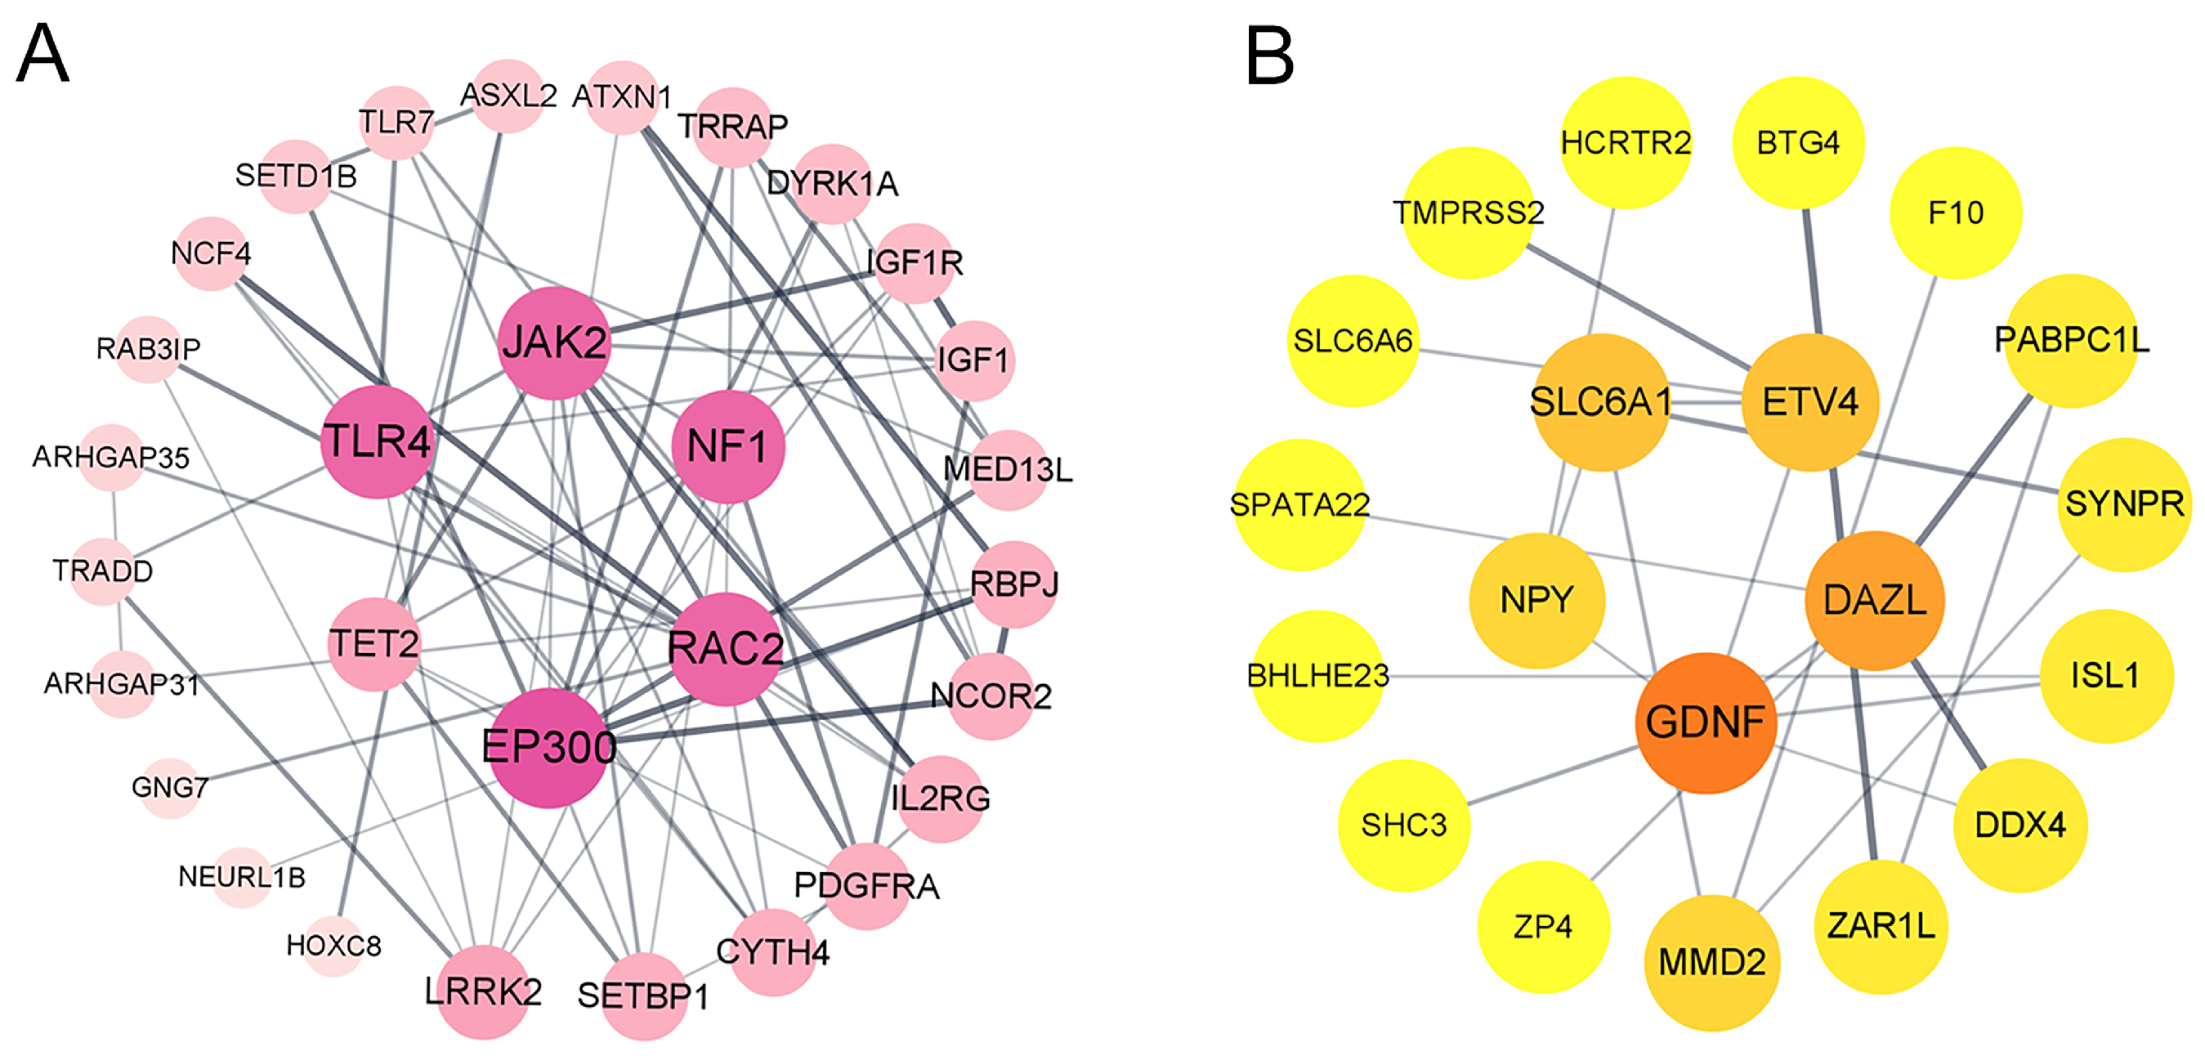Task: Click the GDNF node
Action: pos(1705,723)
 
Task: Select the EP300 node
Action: pos(548,747)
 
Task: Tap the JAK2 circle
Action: pos(555,343)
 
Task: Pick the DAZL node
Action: pos(1875,600)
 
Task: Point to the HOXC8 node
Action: pos(333,946)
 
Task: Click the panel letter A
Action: pos(42,53)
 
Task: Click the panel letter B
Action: pos(1268,55)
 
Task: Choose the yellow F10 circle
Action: pos(1955,213)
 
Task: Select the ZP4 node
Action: pos(1542,927)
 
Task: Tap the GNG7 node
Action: pos(169,787)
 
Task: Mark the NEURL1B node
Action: pos(241,877)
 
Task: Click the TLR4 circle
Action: pos(378,441)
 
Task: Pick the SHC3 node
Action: pos(1404,825)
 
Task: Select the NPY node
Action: pos(1536,600)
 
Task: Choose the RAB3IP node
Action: pos(147,349)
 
